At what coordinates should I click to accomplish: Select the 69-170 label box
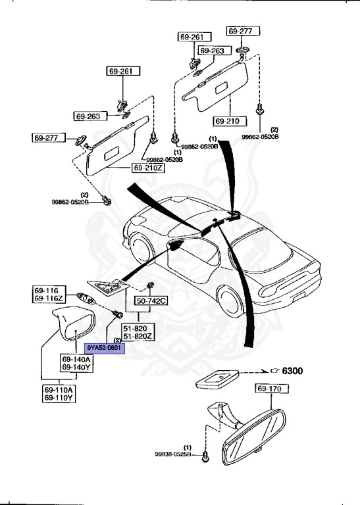[270, 390]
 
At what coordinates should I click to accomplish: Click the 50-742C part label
[152, 301]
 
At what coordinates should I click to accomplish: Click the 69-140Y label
[76, 367]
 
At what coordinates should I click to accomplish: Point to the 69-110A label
[59, 390]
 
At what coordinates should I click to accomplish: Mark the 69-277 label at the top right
[244, 31]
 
